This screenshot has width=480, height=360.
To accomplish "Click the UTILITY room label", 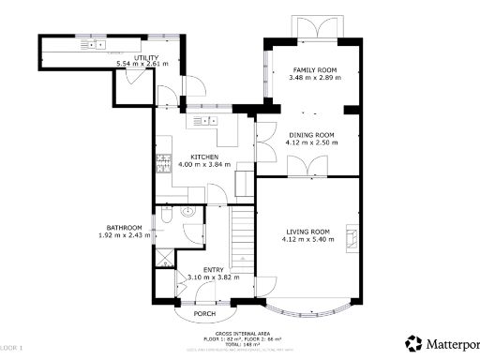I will coord(145,58).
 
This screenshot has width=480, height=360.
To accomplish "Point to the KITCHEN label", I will coord(204,157).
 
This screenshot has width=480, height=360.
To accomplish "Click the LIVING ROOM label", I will coord(307,232).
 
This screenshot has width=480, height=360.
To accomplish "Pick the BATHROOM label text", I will coord(124,228).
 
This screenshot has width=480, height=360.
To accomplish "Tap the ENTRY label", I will coord(214,270).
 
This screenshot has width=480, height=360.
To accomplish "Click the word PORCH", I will coord(204,313).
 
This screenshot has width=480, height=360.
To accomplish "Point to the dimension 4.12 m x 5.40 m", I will coord(307,239).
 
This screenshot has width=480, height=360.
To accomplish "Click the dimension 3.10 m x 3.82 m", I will coord(214,277).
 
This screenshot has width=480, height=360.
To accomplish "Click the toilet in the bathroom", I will coord(165,217).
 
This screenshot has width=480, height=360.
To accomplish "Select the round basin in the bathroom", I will coord(187,212).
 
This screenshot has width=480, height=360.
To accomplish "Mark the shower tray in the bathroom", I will coord(165,256).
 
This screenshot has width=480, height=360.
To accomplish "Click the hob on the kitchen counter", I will coord(163,164).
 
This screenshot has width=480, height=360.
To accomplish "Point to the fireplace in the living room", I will coord(351,237).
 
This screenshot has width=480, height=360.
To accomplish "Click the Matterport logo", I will coord(441,342).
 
